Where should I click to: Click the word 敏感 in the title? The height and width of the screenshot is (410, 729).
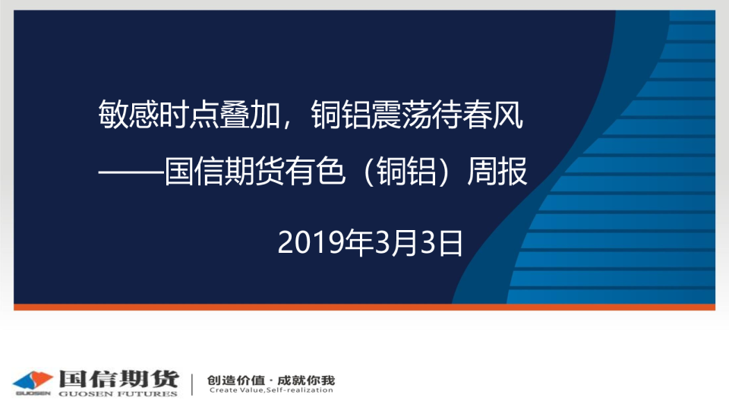pos(128,115)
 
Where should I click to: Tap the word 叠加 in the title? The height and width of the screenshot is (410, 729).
pos(249,115)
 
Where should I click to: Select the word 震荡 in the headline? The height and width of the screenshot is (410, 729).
pos(401,115)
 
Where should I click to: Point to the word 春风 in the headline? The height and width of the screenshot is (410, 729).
pos(492,115)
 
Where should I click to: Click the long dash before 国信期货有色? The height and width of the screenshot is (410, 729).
pos(131,172)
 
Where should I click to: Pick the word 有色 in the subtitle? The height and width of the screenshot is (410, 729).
pos(314,171)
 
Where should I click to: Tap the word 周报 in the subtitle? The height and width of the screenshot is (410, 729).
pos(497,171)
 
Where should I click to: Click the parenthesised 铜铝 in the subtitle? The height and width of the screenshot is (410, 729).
pos(406,171)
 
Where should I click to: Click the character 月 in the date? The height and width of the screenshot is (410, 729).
pos(403,243)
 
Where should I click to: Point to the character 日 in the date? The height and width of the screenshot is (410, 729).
pos(450,243)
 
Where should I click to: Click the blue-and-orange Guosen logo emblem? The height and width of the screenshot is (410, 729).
pos(33,382)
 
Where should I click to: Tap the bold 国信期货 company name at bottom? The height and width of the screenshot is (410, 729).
pos(118,379)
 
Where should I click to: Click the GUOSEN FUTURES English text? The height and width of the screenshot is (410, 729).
pos(118,394)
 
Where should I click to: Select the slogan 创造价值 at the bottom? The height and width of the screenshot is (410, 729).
pos(236,380)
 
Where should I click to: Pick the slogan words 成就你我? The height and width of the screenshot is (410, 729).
pos(306,380)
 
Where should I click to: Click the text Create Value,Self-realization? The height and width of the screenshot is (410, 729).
pos(271,390)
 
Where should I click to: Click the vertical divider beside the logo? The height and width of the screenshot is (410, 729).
pos(192,384)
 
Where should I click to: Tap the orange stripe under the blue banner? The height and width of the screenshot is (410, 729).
pos(364,307)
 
